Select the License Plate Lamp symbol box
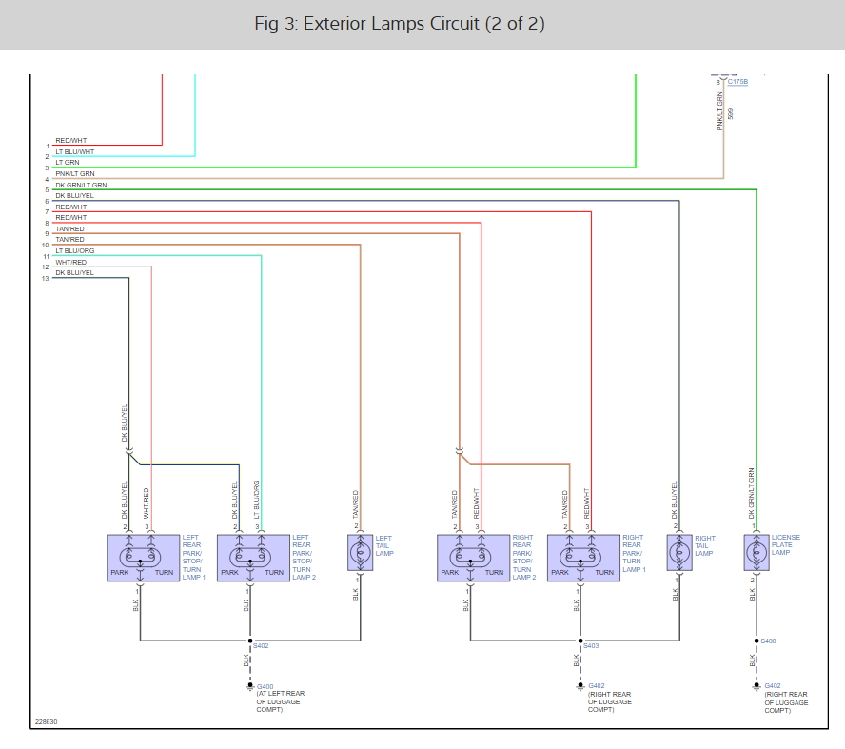[x=756, y=553]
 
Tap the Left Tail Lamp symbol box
[x=361, y=553]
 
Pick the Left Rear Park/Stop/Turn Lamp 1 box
[x=143, y=558]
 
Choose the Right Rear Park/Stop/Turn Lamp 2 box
[x=473, y=558]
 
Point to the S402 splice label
[x=261, y=645]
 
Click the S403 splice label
[x=591, y=645]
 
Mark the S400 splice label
[x=768, y=641]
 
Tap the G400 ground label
[x=265, y=685]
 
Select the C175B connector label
[x=737, y=82]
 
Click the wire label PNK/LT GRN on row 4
[x=75, y=174]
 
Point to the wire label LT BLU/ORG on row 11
[x=75, y=251]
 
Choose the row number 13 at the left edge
[x=45, y=278]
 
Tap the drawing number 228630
[x=46, y=721]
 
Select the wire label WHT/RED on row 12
[x=71, y=262]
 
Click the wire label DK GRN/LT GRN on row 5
[x=81, y=185]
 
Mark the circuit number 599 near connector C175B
[x=731, y=113]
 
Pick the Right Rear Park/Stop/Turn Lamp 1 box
[x=583, y=558]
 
